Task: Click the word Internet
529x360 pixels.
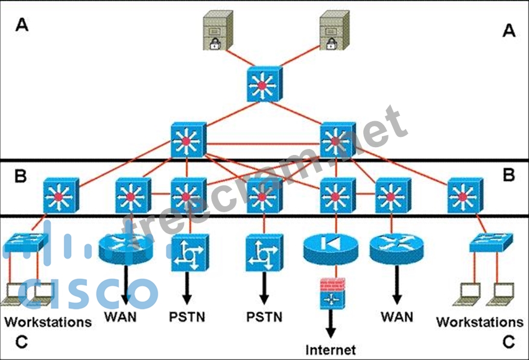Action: [331, 349]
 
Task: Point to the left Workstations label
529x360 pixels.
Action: [48, 321]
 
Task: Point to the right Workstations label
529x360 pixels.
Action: [480, 321]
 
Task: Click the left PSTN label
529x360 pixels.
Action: [186, 316]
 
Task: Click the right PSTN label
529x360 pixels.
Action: [264, 316]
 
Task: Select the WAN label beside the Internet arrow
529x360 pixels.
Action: [397, 316]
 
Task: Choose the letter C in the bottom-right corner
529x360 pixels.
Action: [508, 342]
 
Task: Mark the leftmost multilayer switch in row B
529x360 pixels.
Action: [60, 195]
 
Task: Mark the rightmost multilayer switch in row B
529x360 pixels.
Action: [465, 195]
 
